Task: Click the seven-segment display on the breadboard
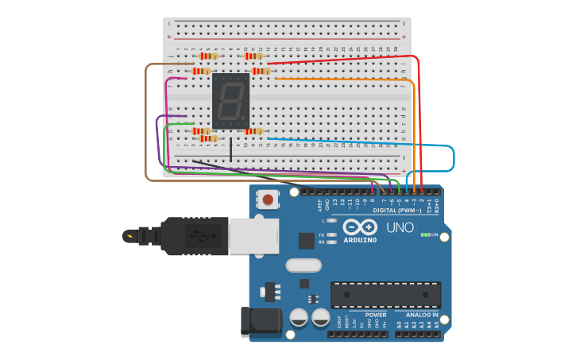(230, 102)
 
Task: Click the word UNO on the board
(400, 227)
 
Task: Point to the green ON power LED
(425, 235)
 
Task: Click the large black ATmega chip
(385, 294)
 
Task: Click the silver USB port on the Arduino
(253, 237)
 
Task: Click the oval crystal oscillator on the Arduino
(303, 265)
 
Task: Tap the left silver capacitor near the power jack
(299, 317)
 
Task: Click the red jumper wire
(342, 58)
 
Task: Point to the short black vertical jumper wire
(231, 149)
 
